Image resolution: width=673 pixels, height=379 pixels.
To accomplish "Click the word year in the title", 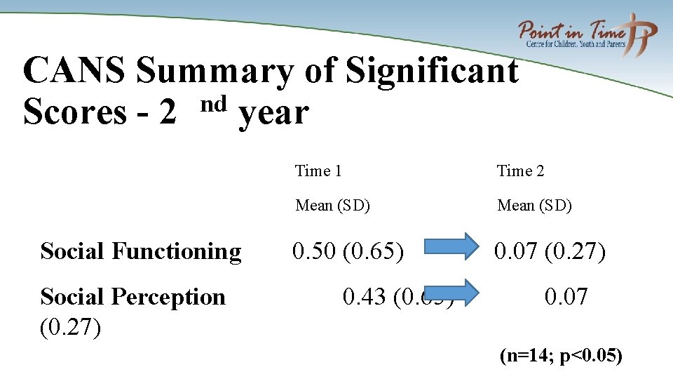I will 273,114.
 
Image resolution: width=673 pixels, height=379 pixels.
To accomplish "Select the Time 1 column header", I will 318,171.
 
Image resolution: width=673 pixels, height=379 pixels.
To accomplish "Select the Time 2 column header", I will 520,171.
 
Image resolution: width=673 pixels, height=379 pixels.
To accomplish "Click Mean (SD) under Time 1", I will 332,206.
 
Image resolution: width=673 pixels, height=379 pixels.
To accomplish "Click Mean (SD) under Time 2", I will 534,206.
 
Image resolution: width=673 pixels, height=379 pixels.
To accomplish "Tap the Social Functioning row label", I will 141,251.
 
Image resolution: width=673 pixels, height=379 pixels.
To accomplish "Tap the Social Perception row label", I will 133,297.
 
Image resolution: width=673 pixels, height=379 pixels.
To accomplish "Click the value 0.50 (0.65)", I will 348,251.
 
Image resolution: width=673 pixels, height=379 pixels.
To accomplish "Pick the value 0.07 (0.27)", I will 550,251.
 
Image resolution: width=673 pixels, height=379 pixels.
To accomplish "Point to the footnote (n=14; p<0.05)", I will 561,356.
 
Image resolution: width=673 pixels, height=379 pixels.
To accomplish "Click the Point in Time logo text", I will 571,32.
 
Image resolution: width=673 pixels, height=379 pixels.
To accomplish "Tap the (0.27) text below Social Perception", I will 70,327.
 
